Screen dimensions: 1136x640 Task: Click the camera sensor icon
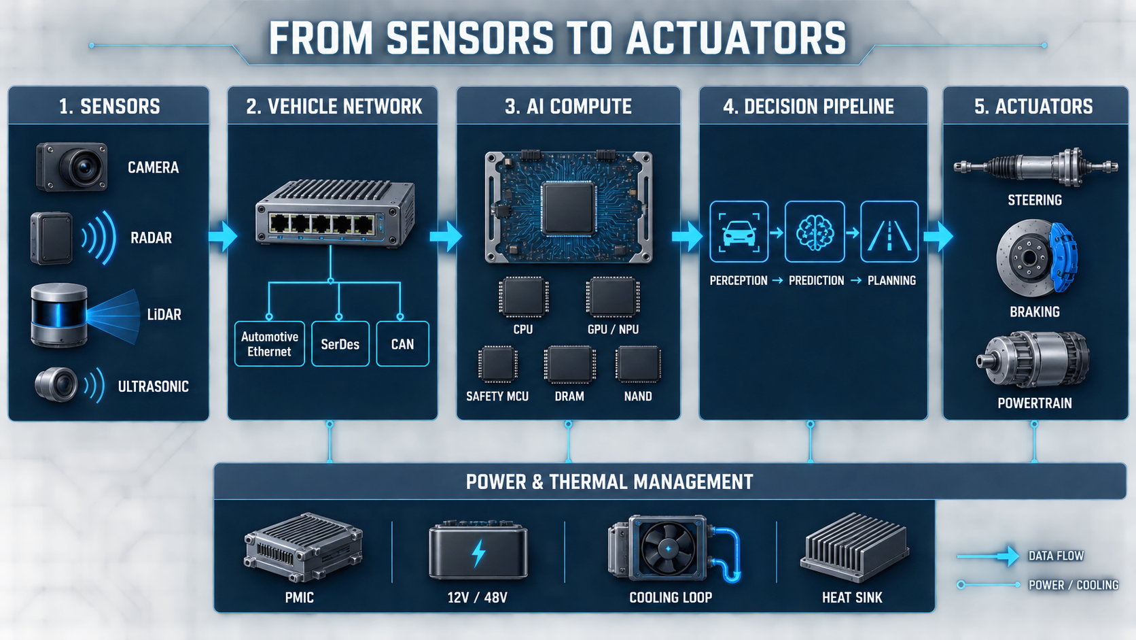point(71,167)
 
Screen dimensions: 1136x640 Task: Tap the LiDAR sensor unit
point(59,315)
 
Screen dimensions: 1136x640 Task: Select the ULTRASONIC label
point(153,387)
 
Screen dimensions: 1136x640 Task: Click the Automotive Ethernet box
point(269,343)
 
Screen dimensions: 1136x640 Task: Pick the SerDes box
point(340,343)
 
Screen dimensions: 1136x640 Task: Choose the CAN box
point(402,343)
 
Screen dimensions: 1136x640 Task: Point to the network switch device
point(335,213)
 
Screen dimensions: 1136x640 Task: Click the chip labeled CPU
point(523,297)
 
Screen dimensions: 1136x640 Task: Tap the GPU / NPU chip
point(613,297)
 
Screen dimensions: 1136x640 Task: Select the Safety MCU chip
point(497,364)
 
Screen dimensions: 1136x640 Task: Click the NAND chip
point(638,364)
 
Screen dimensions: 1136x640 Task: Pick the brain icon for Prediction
point(815,233)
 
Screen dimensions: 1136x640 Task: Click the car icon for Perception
point(739,233)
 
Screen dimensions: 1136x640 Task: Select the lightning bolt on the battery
point(478,553)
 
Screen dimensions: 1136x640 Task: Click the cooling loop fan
point(668,549)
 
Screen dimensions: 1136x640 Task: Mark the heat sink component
point(854,547)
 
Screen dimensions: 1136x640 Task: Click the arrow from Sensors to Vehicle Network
point(223,236)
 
